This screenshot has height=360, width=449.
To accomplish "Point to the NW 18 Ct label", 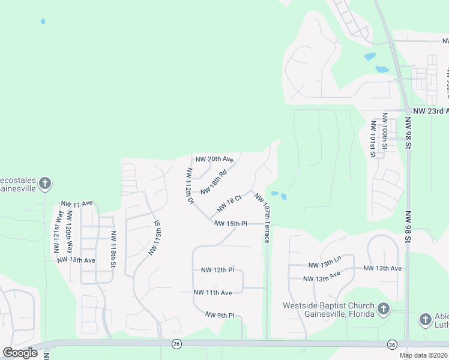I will coord(229,203).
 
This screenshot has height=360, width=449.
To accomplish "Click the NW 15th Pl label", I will coord(231,223).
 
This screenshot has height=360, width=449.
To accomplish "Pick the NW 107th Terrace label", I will coord(262,217).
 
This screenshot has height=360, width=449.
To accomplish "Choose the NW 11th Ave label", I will coord(212,292).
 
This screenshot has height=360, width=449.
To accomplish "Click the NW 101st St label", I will coord(373,139).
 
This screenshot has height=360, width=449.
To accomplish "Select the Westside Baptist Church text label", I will coord(328,310).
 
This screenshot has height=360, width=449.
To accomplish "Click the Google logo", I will coord(20,353).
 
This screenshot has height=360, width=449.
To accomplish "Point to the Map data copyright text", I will coord(423,355).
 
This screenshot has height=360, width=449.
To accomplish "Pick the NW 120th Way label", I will coord(70,232).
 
